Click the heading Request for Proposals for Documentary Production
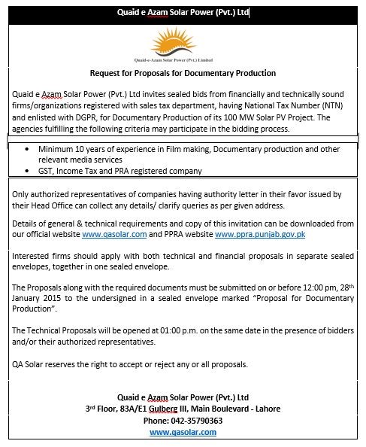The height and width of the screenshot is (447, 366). coord(183,73)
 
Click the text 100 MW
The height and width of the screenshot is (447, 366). coord(245,119)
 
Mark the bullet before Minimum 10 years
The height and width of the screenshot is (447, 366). coord(29,150)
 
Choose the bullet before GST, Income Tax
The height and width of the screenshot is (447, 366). coord(29,172)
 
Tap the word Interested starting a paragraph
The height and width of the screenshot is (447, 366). coord(31,257)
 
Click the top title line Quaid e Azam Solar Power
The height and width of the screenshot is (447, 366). coord(183,13)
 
